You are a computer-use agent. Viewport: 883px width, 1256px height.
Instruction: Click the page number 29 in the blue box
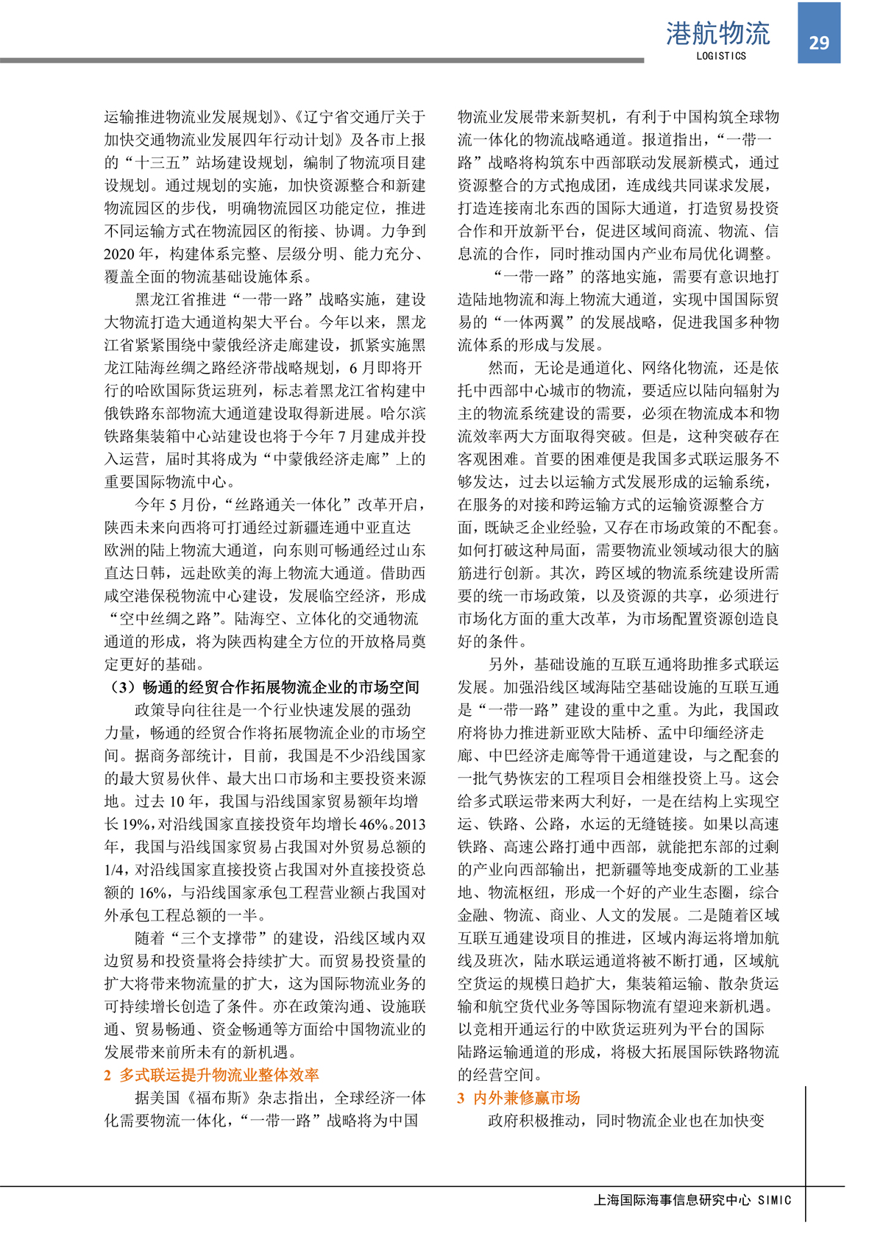(818, 43)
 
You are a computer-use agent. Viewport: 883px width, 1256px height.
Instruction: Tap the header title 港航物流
(717, 33)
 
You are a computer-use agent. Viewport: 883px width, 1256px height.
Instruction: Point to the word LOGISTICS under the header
(720, 56)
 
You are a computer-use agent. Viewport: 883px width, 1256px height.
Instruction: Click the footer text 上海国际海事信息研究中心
(672, 1200)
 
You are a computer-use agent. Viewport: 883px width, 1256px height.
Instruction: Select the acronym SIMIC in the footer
(774, 1200)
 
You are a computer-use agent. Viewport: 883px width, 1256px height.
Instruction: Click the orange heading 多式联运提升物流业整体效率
(219, 1075)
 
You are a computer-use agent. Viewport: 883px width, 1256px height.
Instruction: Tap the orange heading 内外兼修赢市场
(526, 1098)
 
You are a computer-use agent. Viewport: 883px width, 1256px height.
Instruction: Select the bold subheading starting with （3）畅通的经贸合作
(263, 687)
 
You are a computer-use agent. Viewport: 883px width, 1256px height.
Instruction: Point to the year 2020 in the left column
(119, 254)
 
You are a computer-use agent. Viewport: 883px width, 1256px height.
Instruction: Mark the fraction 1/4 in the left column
(115, 870)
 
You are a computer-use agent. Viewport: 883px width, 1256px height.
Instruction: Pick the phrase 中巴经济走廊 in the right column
(532, 756)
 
